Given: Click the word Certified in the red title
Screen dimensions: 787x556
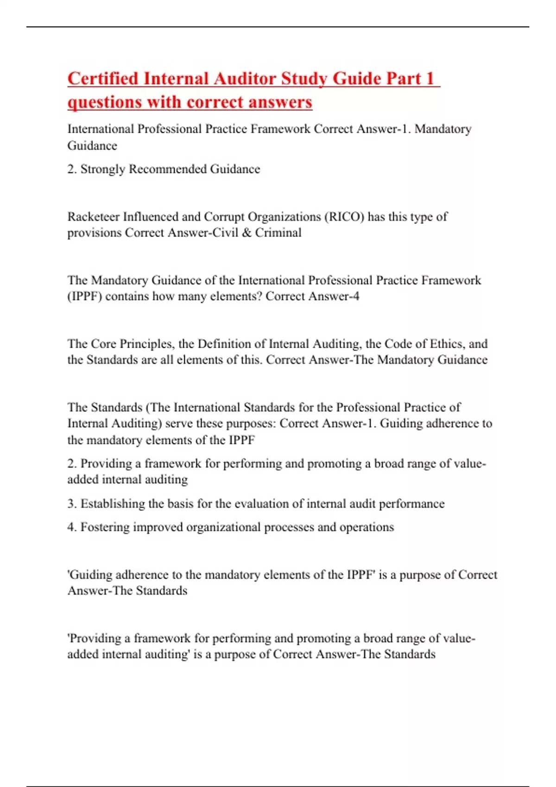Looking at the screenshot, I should [x=103, y=79].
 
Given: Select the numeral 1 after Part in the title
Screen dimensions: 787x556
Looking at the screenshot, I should [x=430, y=79].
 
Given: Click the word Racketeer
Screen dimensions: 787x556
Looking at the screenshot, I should [x=93, y=217].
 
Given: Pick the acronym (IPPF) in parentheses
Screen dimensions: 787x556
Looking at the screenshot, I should [x=84, y=297].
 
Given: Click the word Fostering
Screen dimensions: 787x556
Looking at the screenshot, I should [x=105, y=527].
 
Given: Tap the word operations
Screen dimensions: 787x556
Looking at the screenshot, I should [x=366, y=527].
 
